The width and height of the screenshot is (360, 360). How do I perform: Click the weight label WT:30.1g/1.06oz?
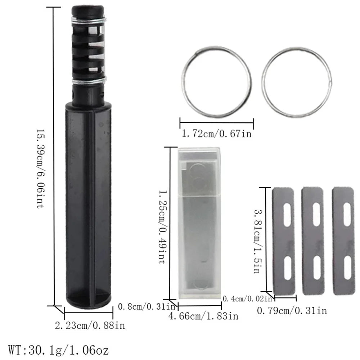click(58, 350)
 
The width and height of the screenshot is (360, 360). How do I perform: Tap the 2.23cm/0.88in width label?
click(90, 325)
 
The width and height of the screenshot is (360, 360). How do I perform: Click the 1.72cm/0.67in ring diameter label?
click(216, 134)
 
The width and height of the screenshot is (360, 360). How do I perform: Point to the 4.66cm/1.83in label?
click(203, 316)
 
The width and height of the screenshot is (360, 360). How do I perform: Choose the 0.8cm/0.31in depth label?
click(147, 306)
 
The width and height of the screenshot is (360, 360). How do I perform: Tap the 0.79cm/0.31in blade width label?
click(292, 311)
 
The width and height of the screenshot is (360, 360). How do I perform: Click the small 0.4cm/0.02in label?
click(247, 298)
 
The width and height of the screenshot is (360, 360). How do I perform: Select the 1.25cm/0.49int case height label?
click(163, 227)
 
